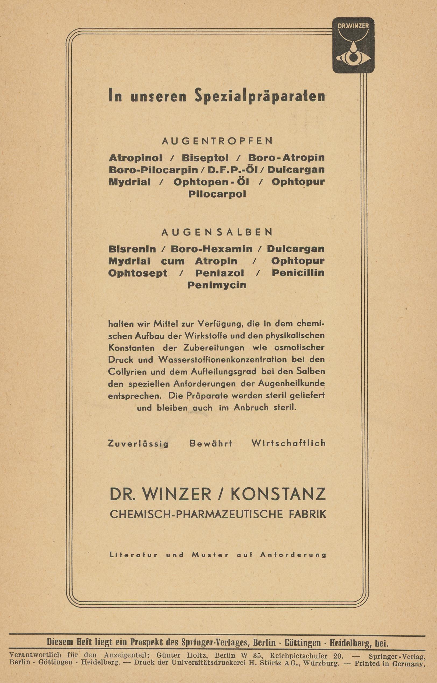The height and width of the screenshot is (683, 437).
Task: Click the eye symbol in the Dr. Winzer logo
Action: (353, 57)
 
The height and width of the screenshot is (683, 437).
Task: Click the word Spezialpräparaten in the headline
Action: (259, 96)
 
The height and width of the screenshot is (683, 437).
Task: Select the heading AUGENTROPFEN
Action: (217, 141)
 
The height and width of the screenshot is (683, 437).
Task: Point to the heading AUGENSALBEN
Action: (217, 232)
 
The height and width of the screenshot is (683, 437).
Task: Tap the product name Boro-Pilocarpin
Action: (153, 170)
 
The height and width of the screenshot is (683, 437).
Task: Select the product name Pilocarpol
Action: (217, 194)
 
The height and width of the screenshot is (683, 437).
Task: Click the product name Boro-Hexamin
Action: (212, 249)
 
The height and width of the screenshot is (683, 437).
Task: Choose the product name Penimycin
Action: (217, 285)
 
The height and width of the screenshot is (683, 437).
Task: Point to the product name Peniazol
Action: (219, 273)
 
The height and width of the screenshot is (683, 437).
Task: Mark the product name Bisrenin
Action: (132, 249)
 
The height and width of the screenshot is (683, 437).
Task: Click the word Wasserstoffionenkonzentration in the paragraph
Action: (224, 360)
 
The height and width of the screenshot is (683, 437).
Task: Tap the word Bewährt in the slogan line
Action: (210, 443)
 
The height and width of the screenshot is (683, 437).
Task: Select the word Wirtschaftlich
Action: (288, 443)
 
